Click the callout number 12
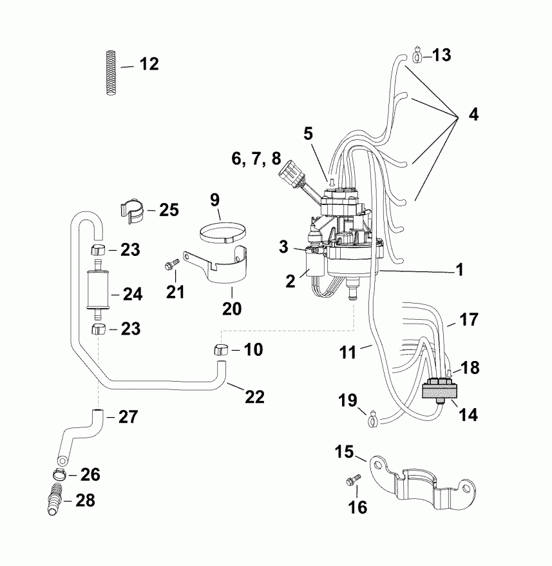pos(148,64)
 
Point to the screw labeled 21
pos(171,265)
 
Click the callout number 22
pos(255,396)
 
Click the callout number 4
pos(473,116)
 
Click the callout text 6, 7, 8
pos(257,158)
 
